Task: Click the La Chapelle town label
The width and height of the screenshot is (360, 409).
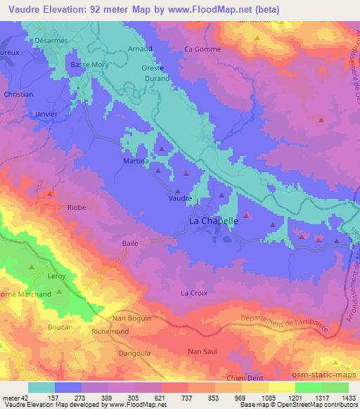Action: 214,221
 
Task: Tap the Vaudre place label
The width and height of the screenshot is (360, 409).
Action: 180,199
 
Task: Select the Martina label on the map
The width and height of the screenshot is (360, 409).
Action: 137,162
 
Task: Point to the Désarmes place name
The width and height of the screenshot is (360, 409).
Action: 50,41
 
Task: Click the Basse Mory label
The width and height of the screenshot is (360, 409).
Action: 88,65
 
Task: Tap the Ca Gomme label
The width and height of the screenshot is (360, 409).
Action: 202,49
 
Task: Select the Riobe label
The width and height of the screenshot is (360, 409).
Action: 77,207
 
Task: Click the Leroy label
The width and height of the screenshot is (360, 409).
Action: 56,276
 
